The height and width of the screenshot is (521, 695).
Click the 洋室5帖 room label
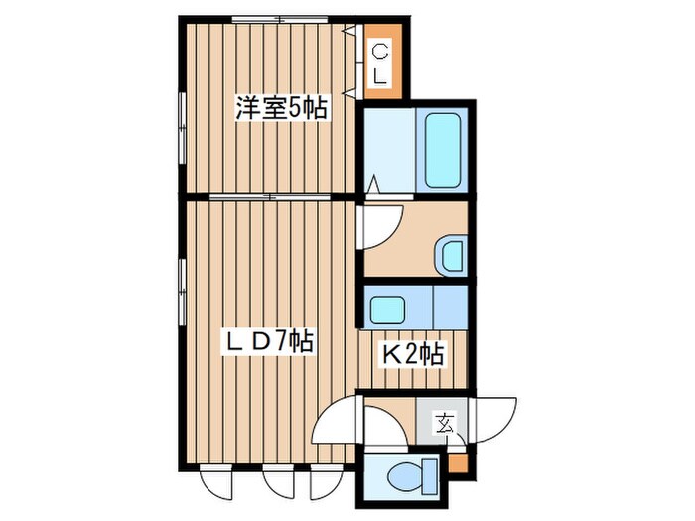click(x=281, y=107)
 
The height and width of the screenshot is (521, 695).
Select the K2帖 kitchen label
click(x=414, y=352)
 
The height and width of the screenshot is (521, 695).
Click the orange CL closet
click(x=381, y=63)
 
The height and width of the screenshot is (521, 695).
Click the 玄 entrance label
click(x=442, y=424)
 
